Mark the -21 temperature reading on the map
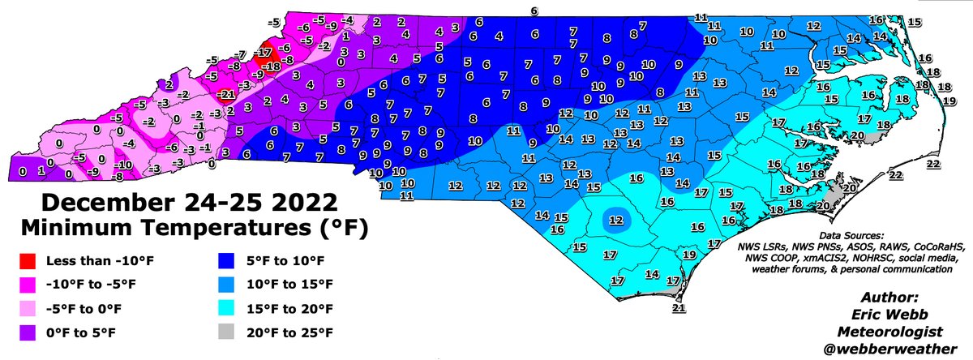[x=226, y=95]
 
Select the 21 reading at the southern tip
[x=679, y=308]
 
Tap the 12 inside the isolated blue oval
[x=616, y=220]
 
